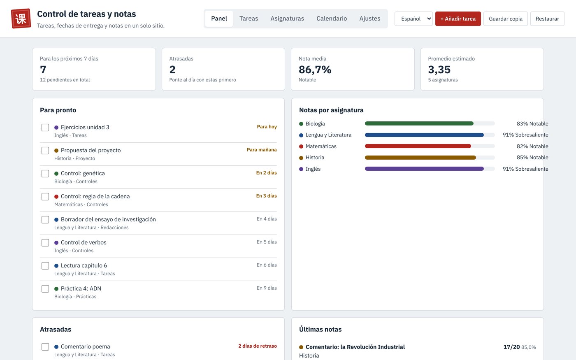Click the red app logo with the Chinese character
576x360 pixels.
pos(21,19)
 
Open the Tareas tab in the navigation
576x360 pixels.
pos(249,19)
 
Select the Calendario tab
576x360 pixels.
pos(332,19)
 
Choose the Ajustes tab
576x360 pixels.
pos(369,19)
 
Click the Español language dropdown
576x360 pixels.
pos(413,19)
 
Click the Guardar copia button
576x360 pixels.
pos(505,19)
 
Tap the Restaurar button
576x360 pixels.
pos(547,19)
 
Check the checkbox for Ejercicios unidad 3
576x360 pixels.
pos(45,128)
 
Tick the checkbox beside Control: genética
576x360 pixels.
pos(45,174)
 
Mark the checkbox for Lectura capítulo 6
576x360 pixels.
pos(45,266)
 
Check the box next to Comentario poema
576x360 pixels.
pos(45,346)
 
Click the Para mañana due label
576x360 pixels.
pos(262,150)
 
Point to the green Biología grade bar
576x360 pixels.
pos(419,123)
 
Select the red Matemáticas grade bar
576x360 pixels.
pos(418,146)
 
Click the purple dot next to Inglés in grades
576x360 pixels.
pos(301,169)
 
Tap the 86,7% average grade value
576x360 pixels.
pos(315,70)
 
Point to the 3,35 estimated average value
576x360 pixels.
pos(439,70)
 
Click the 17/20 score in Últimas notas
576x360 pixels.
pos(511,347)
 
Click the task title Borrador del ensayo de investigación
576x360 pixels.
pos(108,219)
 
